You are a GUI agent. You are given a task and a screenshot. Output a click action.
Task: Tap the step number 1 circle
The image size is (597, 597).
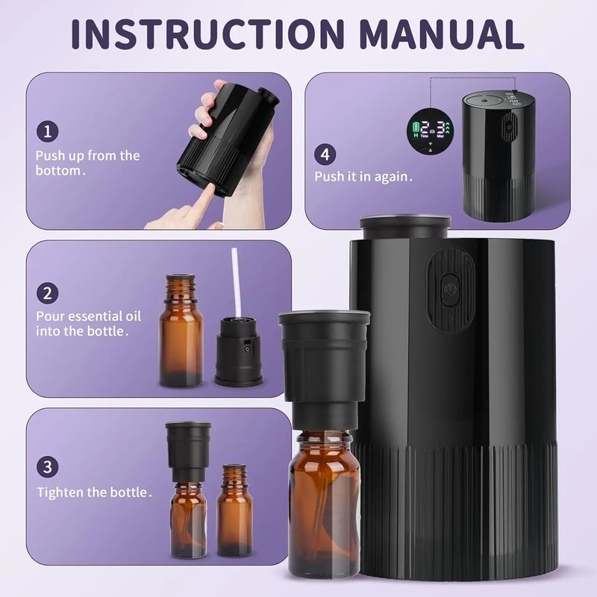coord(47,132)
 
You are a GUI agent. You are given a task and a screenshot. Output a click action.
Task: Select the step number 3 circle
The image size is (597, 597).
coord(47,467)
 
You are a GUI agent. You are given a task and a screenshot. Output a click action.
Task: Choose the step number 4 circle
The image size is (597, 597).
coord(325,154)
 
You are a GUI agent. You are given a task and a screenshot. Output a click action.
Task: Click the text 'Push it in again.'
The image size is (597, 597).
coord(363,177)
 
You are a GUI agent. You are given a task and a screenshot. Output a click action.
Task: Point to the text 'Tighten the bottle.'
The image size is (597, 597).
coord(95,493)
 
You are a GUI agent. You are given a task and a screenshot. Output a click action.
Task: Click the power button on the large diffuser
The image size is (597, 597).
coord(450,289)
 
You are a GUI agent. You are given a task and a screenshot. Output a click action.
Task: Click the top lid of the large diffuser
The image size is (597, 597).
coord(405,225)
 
